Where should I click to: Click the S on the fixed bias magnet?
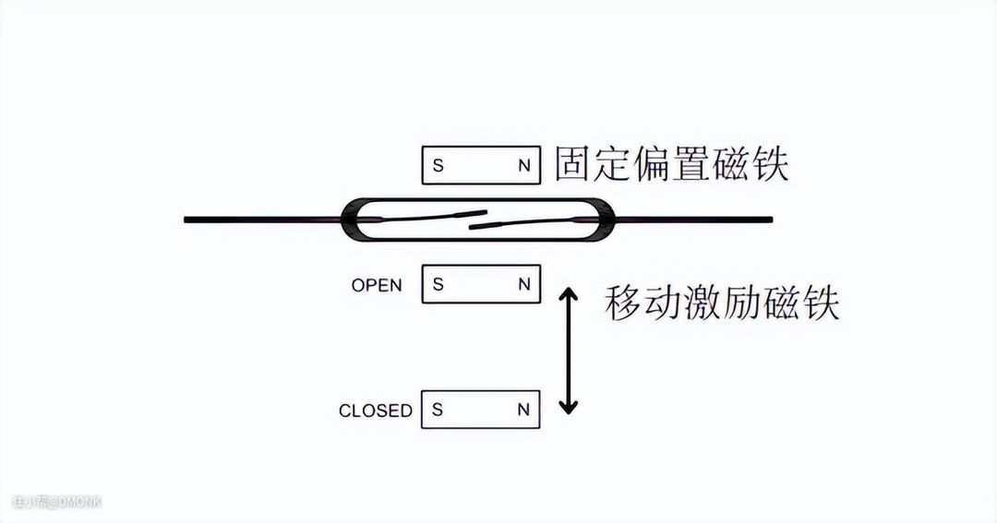click(x=438, y=166)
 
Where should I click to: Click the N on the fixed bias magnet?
click(x=524, y=166)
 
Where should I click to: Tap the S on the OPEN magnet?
click(x=438, y=284)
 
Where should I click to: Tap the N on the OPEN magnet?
click(x=524, y=284)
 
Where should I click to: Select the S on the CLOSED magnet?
click(x=438, y=410)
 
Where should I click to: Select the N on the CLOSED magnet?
click(x=524, y=410)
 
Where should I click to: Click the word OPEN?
click(x=377, y=285)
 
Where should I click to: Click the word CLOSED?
click(x=375, y=410)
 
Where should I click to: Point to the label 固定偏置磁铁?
click(x=671, y=164)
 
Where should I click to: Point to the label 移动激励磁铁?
click(x=722, y=303)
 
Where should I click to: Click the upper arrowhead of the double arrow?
click(x=570, y=294)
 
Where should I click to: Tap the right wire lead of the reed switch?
click(x=692, y=220)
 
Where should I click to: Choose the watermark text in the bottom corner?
click(x=56, y=502)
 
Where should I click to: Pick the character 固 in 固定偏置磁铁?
click(x=573, y=164)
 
